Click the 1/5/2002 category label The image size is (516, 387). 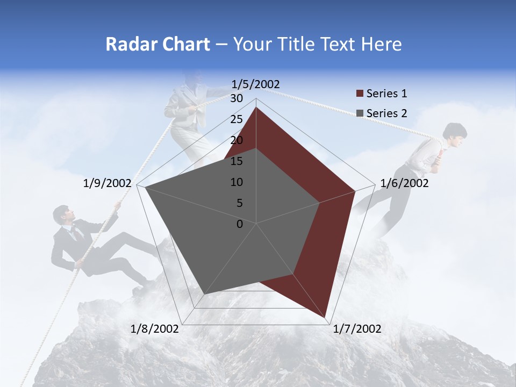(x=256, y=84)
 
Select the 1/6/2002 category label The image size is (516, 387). (x=404, y=183)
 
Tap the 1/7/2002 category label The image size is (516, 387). (x=357, y=329)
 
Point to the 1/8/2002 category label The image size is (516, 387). (x=154, y=329)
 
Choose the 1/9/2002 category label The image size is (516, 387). (x=107, y=183)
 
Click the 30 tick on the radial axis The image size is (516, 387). (x=236, y=98)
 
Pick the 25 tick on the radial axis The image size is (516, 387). (x=236, y=119)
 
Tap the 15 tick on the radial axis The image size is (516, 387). (x=236, y=161)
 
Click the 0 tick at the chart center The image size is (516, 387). (x=240, y=224)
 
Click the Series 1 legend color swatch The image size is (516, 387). (x=360, y=94)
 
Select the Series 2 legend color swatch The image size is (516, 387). (x=360, y=113)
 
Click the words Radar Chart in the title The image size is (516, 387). (x=157, y=44)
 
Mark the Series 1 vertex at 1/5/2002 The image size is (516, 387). (x=256, y=107)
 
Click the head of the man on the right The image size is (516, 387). (x=454, y=133)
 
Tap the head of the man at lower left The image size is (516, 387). (x=62, y=215)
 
